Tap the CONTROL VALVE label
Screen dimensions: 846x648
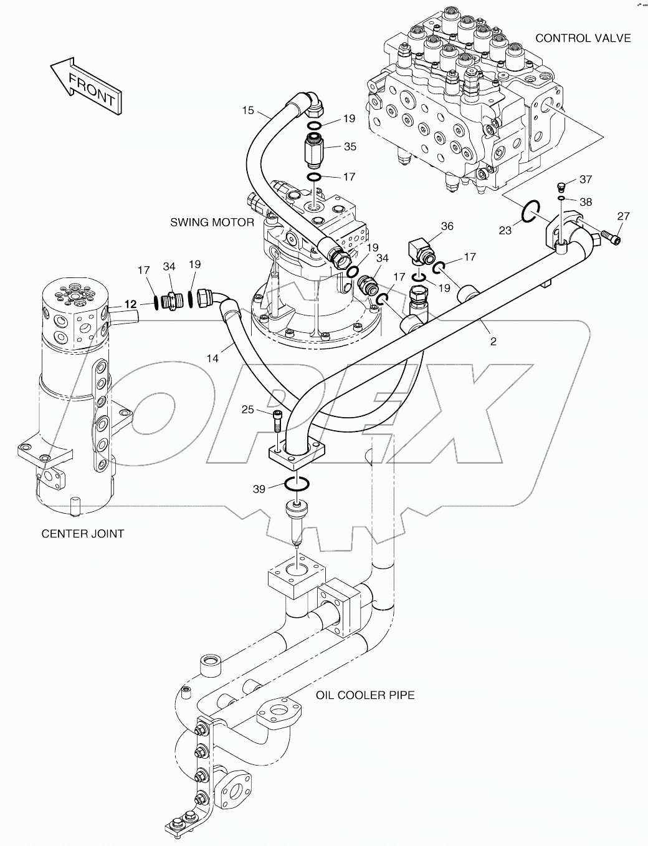(583, 38)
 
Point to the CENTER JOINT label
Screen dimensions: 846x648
(82, 534)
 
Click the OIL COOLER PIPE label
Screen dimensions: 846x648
(364, 695)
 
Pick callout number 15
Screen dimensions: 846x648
(248, 111)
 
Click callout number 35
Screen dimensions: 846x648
(350, 147)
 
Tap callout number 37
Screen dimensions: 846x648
(585, 180)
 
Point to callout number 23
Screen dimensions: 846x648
(505, 230)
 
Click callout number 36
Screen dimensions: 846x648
(447, 226)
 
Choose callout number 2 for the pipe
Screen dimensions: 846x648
(493, 342)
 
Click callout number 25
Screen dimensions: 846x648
(248, 410)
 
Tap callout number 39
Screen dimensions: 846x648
(259, 489)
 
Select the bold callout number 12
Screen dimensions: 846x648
(130, 304)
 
